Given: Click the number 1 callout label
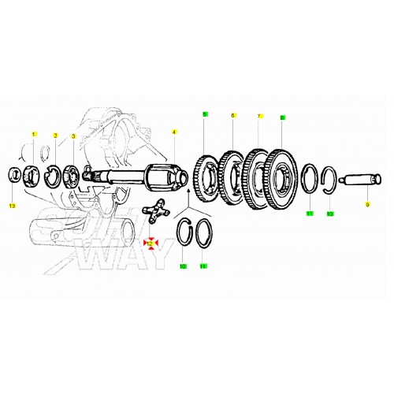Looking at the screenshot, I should coord(34,135).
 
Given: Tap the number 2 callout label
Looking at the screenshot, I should coord(55,136).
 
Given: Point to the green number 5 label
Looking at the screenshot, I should coord(204,114).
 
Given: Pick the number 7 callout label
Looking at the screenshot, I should coord(258,117).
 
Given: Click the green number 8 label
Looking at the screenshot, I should coord(281,117).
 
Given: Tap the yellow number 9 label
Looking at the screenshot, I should coord(366,205).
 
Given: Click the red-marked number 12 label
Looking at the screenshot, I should coord(149,244).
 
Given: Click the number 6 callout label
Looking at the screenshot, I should coord(232,116).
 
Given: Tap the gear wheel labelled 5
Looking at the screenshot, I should coord(207,179).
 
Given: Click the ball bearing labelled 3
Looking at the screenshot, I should coord(75,173).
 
